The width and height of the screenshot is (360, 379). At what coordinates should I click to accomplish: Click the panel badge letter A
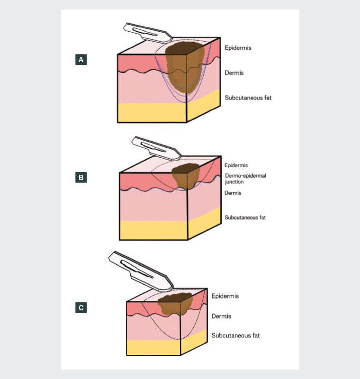click(x=81, y=60)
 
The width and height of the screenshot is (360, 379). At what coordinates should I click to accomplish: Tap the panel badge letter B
click(x=81, y=178)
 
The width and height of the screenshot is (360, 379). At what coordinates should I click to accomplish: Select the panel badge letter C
click(x=81, y=308)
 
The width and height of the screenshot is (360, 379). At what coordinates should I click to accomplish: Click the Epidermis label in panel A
click(x=238, y=48)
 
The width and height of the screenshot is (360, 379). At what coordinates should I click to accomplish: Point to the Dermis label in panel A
click(x=234, y=73)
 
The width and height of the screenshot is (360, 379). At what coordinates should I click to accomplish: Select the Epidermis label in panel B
click(x=236, y=165)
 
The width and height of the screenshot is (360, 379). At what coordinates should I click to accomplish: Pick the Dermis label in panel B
click(x=233, y=193)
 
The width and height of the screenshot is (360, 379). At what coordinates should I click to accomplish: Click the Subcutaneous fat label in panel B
click(x=245, y=217)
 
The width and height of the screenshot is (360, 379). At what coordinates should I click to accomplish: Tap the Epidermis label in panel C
click(x=225, y=296)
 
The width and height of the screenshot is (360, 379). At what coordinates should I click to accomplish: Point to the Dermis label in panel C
click(x=221, y=316)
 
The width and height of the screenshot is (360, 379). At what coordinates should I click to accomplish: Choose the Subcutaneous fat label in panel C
click(x=235, y=335)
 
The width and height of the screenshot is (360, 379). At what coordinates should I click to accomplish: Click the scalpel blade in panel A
click(x=147, y=32)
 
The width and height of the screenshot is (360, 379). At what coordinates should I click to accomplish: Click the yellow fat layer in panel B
click(x=152, y=230)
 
